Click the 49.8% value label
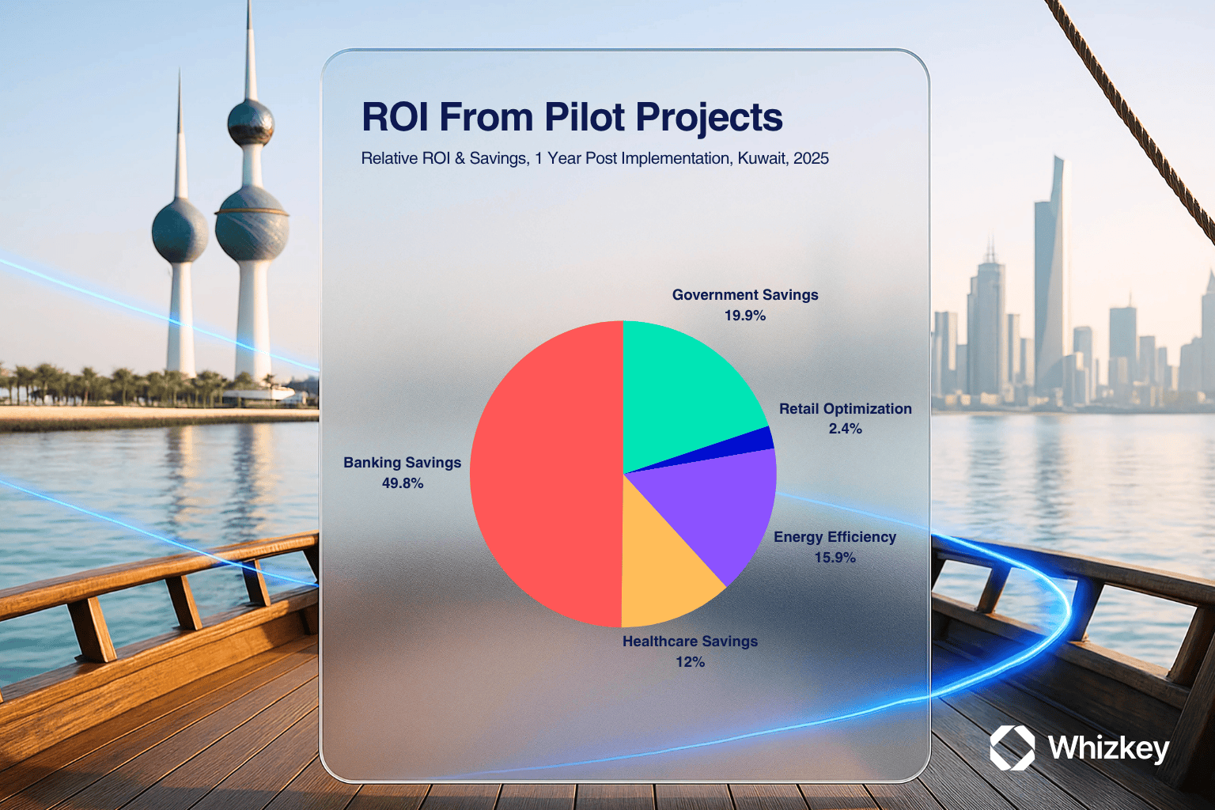403,483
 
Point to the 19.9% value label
744,315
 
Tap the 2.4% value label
845,429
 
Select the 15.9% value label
835,557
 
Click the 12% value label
690,662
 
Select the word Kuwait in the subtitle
763,158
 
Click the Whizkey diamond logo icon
1012,748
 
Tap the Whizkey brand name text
1108,748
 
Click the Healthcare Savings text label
690,642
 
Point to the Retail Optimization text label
845,408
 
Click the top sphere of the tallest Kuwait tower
250,123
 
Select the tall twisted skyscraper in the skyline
1050,277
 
